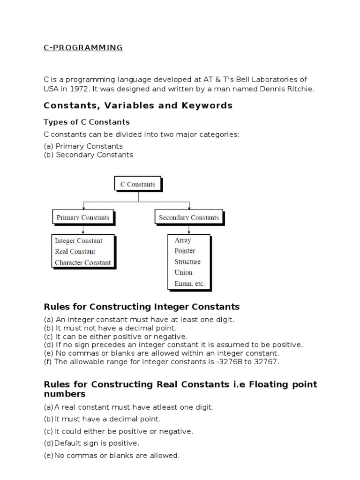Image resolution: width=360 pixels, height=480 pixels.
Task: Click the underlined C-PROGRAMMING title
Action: pos(83,47)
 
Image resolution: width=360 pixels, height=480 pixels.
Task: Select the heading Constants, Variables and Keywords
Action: pos(138,105)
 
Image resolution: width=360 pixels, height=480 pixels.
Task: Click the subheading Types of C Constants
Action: pos(87,122)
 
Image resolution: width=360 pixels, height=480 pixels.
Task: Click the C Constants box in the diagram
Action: pos(137,184)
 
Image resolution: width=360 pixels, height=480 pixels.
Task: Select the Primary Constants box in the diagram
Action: pos(83,217)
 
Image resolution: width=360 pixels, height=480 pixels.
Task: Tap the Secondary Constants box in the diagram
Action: pos(188,217)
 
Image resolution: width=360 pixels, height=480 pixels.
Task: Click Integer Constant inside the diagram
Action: pos(78,241)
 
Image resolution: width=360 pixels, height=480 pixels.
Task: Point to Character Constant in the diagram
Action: pos(82,262)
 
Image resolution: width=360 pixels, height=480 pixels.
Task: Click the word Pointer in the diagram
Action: pos(185,251)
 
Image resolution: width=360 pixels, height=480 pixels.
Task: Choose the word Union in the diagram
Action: pos(183,272)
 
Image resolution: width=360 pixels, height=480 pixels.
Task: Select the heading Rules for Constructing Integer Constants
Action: pos(142,307)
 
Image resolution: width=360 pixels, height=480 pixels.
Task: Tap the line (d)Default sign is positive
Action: pos(92,443)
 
